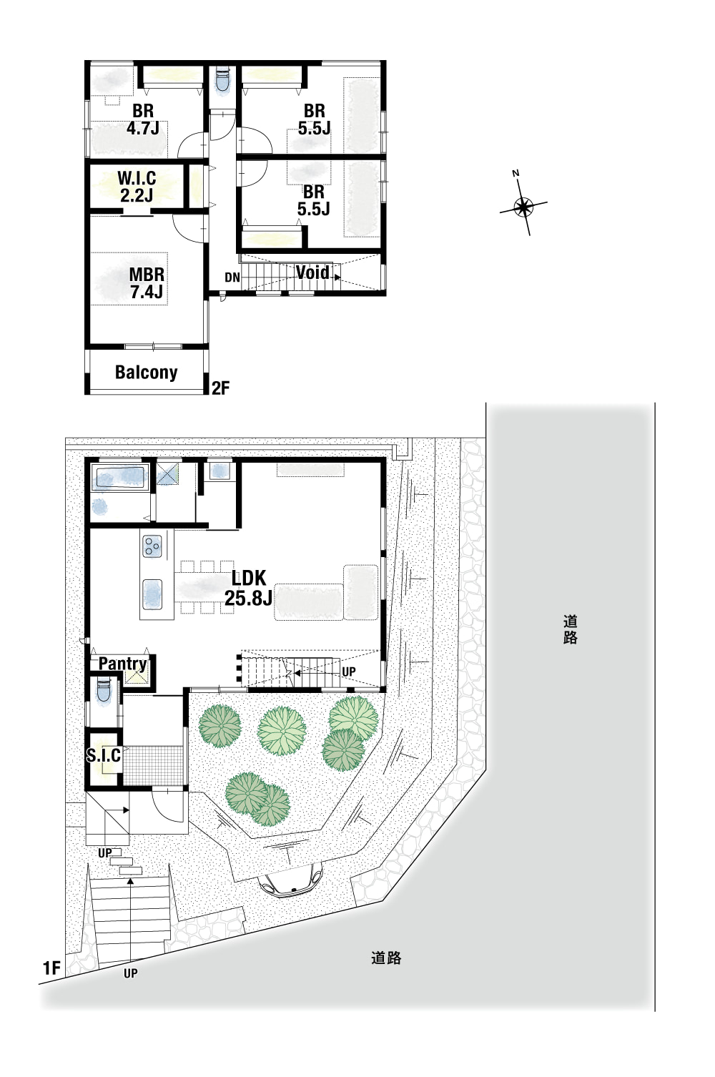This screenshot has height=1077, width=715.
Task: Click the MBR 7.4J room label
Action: click(x=147, y=283)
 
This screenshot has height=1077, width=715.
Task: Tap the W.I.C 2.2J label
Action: click(x=137, y=187)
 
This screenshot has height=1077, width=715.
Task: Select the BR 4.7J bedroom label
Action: click(x=143, y=119)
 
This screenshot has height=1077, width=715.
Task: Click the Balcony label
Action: click(x=146, y=372)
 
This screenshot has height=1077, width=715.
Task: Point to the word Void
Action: click(x=312, y=272)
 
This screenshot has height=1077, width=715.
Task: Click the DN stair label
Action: click(x=232, y=277)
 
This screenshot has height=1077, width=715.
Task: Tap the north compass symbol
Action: click(x=523, y=207)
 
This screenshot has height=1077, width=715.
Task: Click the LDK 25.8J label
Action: click(x=248, y=588)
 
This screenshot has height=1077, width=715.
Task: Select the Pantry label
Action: click(x=122, y=664)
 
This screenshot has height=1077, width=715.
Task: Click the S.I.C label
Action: click(x=104, y=755)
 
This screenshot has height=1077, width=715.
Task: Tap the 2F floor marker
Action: click(x=221, y=388)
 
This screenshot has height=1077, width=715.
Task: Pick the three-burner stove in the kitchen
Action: click(x=152, y=546)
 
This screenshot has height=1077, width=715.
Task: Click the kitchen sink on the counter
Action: click(x=152, y=594)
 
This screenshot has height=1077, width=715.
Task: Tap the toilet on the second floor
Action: click(x=222, y=80)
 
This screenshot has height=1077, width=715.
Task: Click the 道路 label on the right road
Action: click(x=571, y=629)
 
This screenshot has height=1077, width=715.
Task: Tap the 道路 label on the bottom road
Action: click(x=386, y=958)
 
